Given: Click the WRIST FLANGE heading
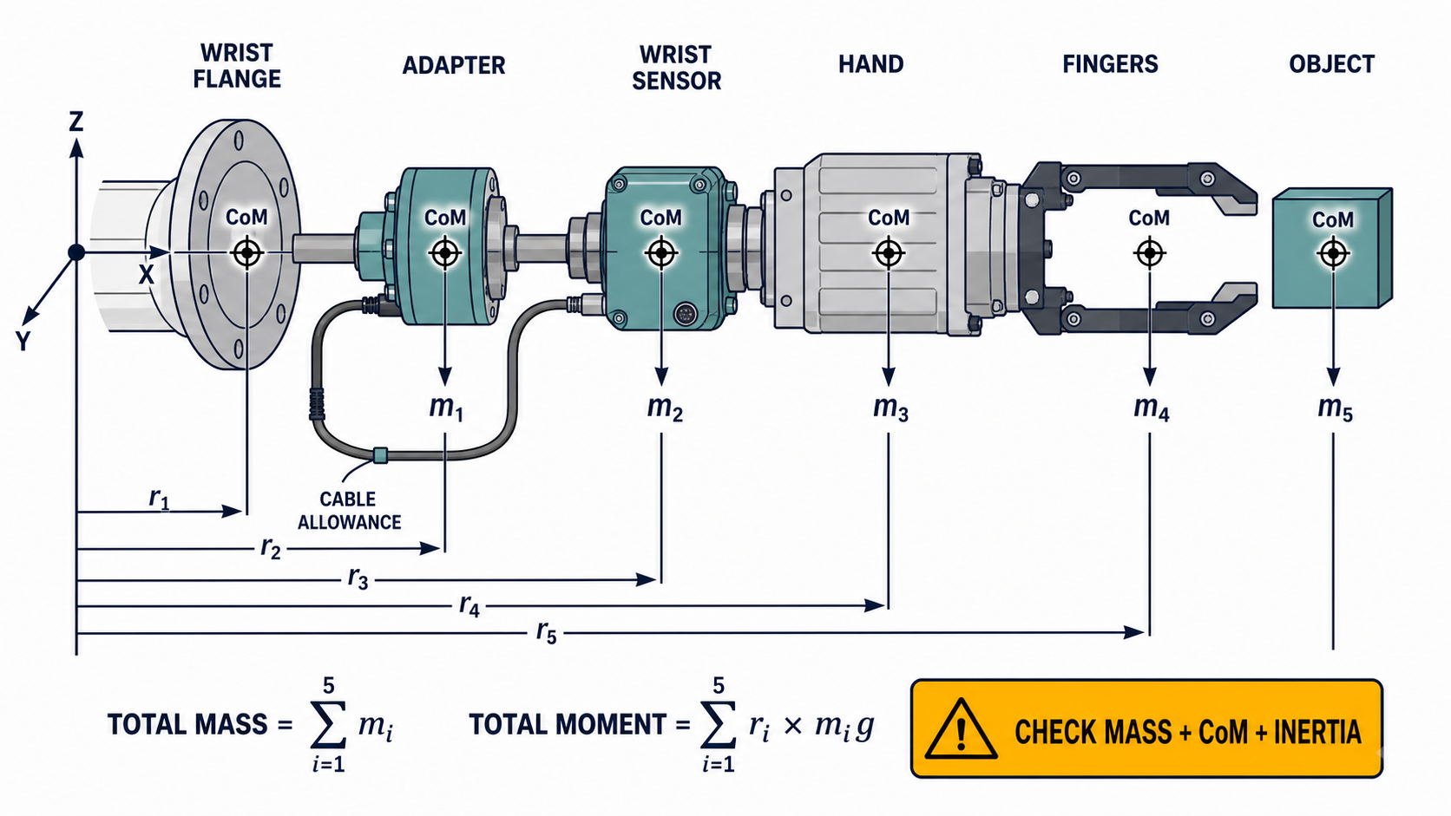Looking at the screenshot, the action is point(237,65).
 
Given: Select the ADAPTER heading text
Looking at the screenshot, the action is point(453,65).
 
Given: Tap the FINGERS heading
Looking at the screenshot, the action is point(1110,64).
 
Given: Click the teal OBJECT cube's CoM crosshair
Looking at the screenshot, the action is point(1333,253).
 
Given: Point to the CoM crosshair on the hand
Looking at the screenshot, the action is point(888,253).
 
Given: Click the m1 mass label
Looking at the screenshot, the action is point(446,408).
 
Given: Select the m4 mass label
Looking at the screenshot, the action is point(1151,408).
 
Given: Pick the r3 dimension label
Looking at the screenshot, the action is point(358,578).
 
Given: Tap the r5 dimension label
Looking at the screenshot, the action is point(546,631).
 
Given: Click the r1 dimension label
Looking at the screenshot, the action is point(159,499).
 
